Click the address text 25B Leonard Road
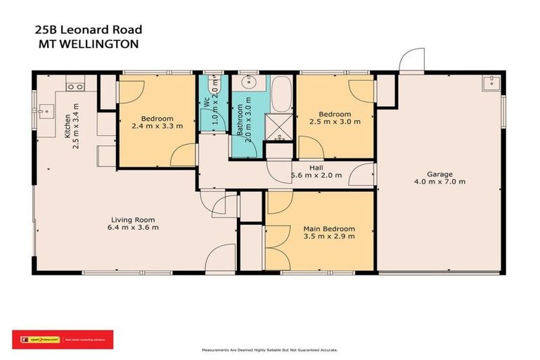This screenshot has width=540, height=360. tap(88, 30)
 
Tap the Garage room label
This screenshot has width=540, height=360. tap(439, 174)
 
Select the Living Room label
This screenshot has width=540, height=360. tap(132, 219)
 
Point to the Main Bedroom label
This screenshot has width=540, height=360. tap(328, 229)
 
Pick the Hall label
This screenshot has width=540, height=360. tap(316, 168)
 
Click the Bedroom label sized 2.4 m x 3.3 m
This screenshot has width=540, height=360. tap(157, 118)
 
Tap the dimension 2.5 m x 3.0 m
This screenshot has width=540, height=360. tap(334, 122)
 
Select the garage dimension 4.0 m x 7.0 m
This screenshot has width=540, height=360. tap(439, 182)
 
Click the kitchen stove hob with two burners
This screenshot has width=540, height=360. tap(75, 86)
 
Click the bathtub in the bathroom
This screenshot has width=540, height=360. tap(282, 96)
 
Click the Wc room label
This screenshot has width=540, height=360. tap(207, 102)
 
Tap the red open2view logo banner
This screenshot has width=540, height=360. tap(63, 340)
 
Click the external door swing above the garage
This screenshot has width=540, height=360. tap(411, 61)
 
